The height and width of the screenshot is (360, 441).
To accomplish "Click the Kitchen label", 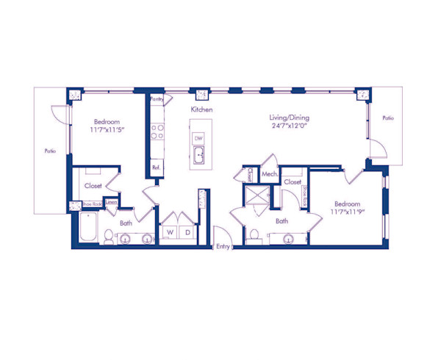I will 201,109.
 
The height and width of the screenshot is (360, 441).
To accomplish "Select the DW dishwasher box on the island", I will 198,137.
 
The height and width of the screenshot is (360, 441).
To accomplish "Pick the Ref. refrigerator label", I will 156,168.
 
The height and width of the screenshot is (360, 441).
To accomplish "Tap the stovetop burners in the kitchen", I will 157,132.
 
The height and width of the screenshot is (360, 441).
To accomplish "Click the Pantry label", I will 156,98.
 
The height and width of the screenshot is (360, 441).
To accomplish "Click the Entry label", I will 223,247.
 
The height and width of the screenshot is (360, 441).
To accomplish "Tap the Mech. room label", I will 268,174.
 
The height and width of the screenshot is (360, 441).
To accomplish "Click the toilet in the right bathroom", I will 254,234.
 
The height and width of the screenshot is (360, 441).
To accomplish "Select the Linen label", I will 111,202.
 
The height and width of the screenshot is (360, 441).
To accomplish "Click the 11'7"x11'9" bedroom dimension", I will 348,212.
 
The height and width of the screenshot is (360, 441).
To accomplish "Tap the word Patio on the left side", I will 50,151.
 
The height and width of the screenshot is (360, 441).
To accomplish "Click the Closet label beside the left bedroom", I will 93,186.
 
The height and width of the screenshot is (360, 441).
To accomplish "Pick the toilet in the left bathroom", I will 108,236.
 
